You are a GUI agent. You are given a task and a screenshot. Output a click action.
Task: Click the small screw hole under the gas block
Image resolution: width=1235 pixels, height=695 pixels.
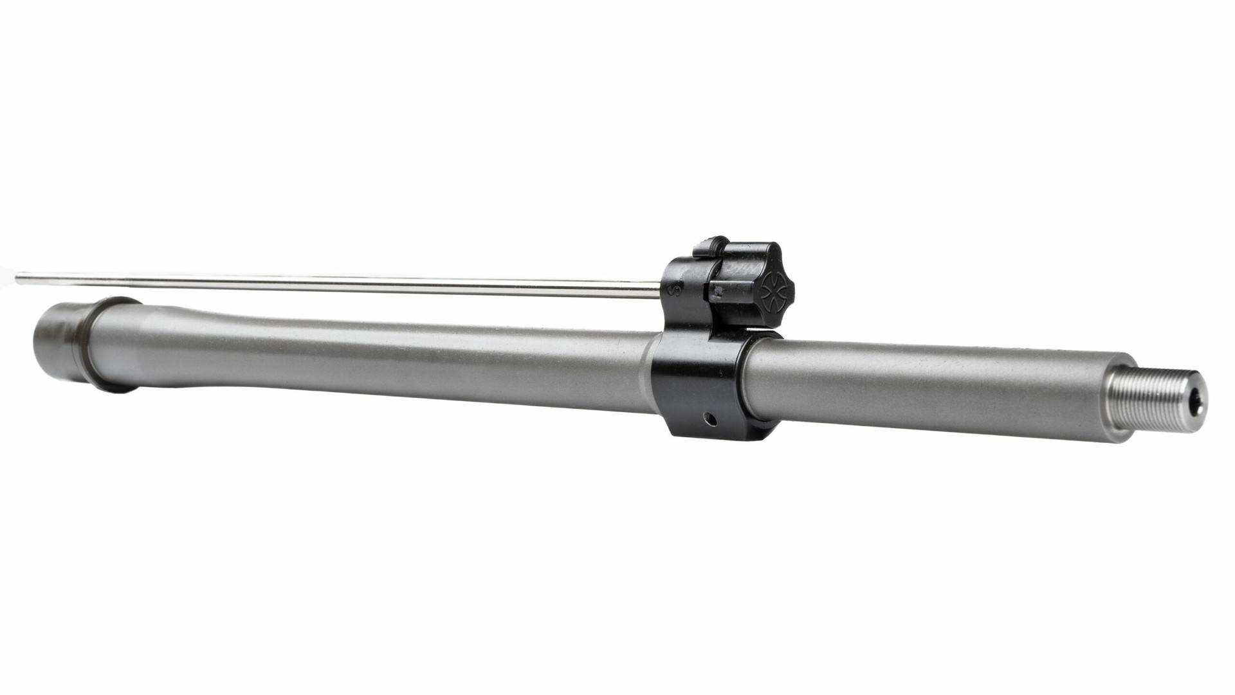point(709,419)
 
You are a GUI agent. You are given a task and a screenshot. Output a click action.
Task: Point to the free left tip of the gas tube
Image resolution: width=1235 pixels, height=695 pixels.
point(19,278)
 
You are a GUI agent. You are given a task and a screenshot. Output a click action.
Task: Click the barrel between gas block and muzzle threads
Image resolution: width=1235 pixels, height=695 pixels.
point(933,386)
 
